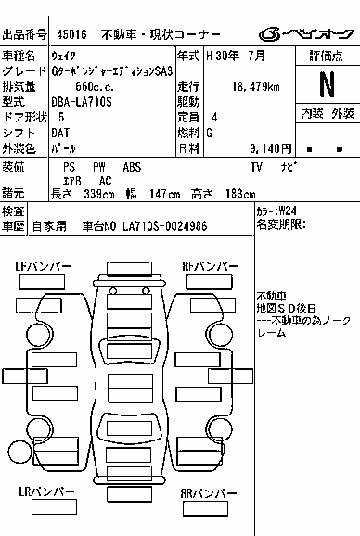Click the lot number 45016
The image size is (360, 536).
[x=71, y=34]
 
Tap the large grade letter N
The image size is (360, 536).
[x=327, y=84]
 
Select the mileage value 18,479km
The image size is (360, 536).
[x=256, y=87]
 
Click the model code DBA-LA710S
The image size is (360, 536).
[x=82, y=102]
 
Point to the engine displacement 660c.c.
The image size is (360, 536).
[x=95, y=87]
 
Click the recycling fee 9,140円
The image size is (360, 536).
[x=270, y=148]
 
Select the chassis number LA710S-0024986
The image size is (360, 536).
[x=165, y=226]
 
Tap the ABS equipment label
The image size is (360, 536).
[x=132, y=167]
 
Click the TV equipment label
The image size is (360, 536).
[x=256, y=167]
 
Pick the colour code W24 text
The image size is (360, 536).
[x=288, y=211]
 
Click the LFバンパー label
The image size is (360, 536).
[x=43, y=267]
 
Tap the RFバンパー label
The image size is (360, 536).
[x=211, y=267]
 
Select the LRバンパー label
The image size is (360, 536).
[x=46, y=491]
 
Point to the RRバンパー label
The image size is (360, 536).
[x=209, y=493]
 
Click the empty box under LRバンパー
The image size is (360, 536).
[x=54, y=506]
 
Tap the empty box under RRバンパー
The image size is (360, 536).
[x=205, y=508]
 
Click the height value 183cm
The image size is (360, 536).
[x=240, y=194]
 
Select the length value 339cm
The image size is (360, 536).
[x=99, y=194]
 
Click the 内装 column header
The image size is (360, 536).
[x=312, y=113]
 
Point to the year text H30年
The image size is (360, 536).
[x=223, y=56]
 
